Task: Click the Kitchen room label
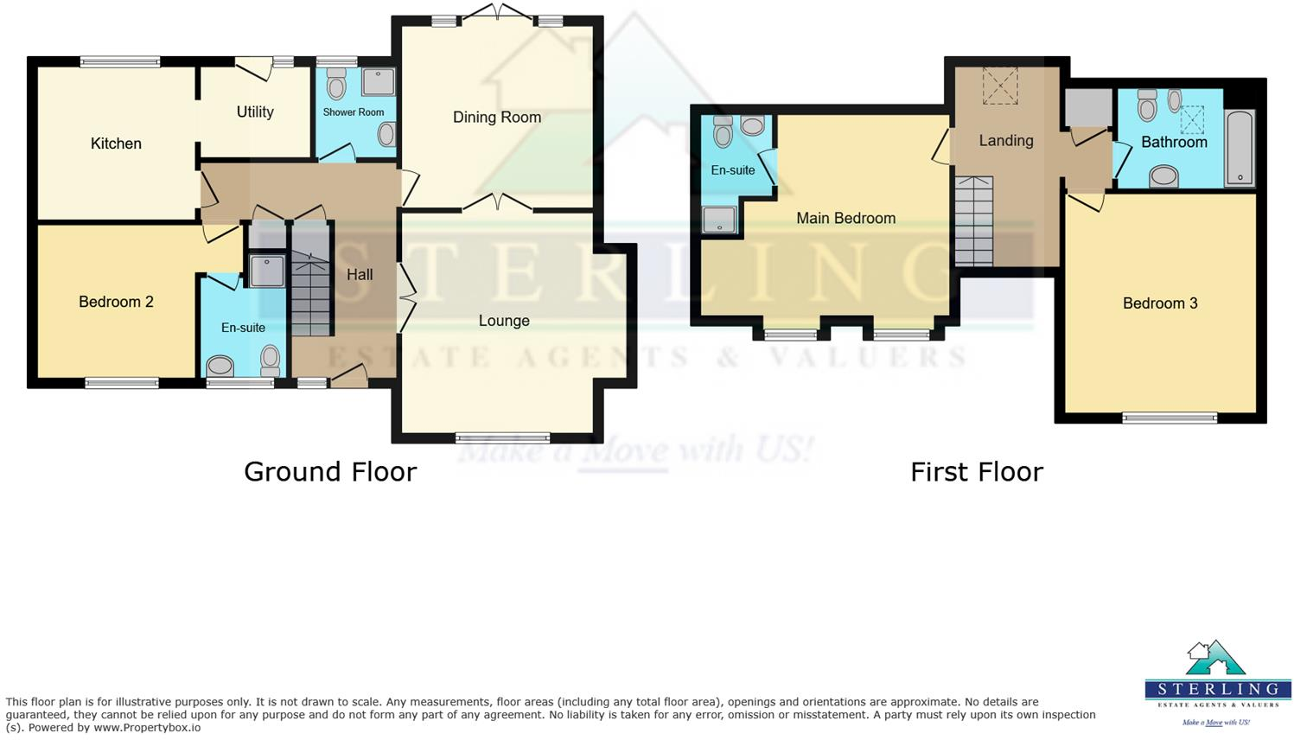[116, 144]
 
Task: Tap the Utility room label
[255, 112]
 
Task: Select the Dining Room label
[497, 117]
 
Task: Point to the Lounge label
[504, 321]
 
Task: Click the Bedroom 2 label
[116, 302]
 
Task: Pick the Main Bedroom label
[845, 218]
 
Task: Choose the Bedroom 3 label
[1160, 303]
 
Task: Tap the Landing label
[1006, 140]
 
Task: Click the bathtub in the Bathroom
[1240, 148]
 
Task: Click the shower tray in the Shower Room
[378, 82]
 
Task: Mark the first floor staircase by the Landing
[973, 221]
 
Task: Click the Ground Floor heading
[330, 471]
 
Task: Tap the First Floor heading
[977, 471]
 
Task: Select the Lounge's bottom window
[503, 437]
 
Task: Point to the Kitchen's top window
[120, 61]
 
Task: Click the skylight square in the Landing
[1000, 86]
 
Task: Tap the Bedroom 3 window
[1170, 418]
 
